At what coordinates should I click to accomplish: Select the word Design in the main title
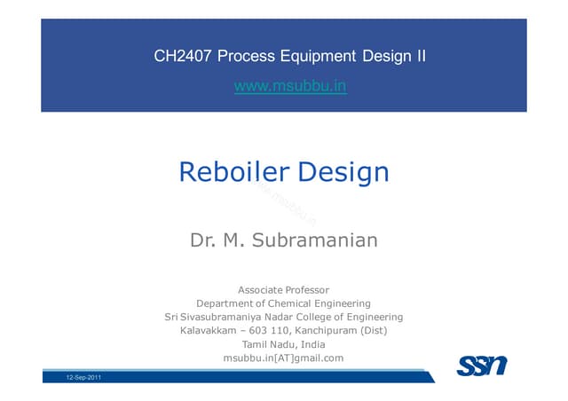(x=343, y=171)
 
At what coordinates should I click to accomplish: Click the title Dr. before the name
(x=203, y=240)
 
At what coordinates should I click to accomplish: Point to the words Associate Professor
(x=284, y=289)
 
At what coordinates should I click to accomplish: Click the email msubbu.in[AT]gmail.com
(x=284, y=358)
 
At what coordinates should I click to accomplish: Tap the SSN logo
(x=482, y=365)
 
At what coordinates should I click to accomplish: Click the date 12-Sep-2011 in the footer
(x=83, y=378)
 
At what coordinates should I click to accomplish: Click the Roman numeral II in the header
(x=421, y=57)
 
